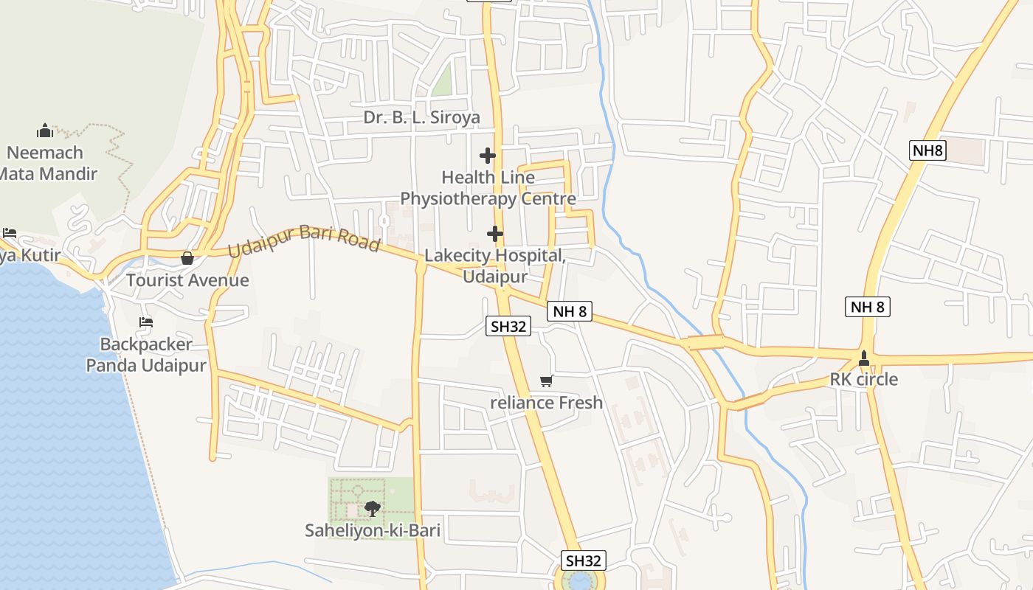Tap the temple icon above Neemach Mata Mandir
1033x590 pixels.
(45, 131)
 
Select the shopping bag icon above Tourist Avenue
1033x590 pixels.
(187, 258)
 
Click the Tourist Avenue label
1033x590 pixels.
(187, 280)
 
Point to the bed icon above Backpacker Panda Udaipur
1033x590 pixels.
(146, 322)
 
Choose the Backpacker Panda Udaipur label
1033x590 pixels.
(146, 355)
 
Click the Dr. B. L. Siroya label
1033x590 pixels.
(421, 117)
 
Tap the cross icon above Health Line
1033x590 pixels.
(487, 156)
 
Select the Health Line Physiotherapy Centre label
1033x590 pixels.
(488, 188)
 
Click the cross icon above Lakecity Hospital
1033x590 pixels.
(495, 234)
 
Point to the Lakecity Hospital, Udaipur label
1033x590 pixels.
(495, 266)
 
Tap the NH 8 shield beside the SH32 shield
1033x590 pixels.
(570, 311)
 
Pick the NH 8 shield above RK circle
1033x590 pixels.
(867, 307)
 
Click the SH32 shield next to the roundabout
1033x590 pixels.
(584, 560)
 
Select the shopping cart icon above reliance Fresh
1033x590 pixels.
(546, 381)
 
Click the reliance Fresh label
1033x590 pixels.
(547, 403)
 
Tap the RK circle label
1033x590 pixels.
(864, 380)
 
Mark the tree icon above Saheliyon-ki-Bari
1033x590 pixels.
(373, 508)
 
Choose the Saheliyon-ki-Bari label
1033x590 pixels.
(373, 530)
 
